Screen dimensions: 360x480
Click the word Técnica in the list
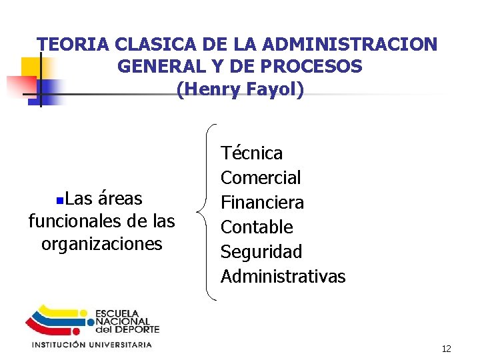pos(251,153)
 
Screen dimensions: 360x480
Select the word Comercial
pos(261,178)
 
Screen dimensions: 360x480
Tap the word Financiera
pos(262,203)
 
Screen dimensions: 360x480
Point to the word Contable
pos(257,227)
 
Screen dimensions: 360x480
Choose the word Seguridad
pos(261,252)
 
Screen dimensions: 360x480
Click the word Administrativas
pos(283,277)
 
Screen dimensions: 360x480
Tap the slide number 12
pos(446,349)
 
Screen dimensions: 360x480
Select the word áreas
pos(120,199)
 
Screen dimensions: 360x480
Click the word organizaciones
pos(101,244)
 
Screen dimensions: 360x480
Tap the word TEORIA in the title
pos(73,45)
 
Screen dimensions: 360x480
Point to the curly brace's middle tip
pos(198,213)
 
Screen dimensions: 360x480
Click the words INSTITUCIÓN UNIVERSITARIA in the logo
pos(91,345)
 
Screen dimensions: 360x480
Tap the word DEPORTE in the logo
pos(137,329)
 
